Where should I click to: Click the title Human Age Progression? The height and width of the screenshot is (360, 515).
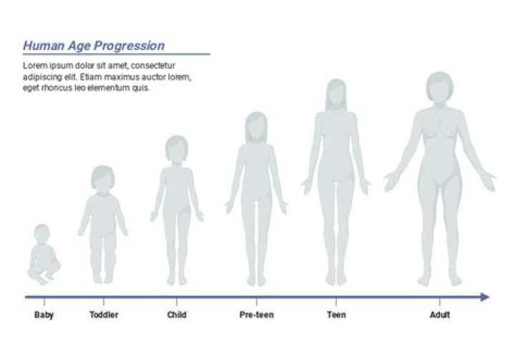pyautogui.click(x=94, y=46)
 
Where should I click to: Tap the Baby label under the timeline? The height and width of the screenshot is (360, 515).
pyautogui.click(x=44, y=315)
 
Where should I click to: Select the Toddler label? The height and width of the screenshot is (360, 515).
pyautogui.click(x=104, y=315)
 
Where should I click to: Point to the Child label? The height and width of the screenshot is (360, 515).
pyautogui.click(x=177, y=315)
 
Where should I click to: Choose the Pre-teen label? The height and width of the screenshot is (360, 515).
pyautogui.click(x=256, y=315)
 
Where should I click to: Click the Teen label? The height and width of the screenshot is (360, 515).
pyautogui.click(x=336, y=315)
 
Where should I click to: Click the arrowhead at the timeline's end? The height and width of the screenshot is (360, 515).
pyautogui.click(x=485, y=297)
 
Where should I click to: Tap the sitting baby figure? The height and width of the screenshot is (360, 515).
pyautogui.click(x=44, y=259)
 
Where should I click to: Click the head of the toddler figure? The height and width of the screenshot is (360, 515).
pyautogui.click(x=104, y=179)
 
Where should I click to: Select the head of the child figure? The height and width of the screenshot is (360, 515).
pyautogui.click(x=177, y=149)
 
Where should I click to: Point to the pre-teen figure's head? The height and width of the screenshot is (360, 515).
pyautogui.click(x=256, y=126)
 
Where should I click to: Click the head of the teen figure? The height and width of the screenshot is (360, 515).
pyautogui.click(x=337, y=93)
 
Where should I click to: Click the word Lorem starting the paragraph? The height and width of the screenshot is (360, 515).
pyautogui.click(x=34, y=66)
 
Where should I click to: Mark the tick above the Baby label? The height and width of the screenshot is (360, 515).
pyautogui.click(x=44, y=302)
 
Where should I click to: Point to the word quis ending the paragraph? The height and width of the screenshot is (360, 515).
pyautogui.click(x=142, y=88)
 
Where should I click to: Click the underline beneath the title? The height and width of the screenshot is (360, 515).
pyautogui.click(x=116, y=54)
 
